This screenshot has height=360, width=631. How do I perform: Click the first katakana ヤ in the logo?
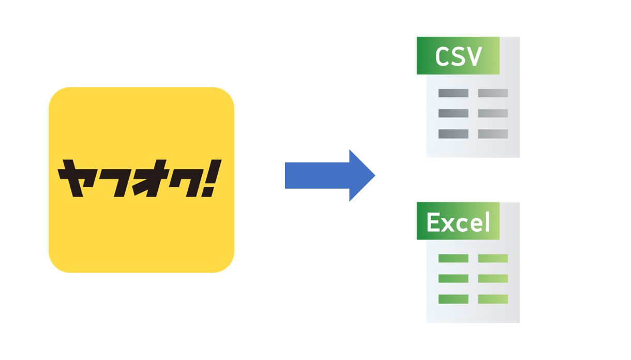pos(76,178)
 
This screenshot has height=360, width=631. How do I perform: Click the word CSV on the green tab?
pos(458,56)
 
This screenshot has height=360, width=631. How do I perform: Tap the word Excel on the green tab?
pos(458,222)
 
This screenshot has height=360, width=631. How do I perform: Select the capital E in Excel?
pos(433,222)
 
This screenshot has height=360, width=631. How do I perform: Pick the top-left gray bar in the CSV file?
pos(453,93)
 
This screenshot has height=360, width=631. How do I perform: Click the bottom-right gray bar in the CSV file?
pos(493,134)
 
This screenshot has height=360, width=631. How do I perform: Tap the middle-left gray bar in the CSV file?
pos(453,113)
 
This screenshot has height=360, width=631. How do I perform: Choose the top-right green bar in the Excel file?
pos(493,258)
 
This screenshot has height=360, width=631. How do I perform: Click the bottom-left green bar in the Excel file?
pos(453,299)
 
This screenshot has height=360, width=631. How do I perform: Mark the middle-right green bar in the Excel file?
pos(493,279)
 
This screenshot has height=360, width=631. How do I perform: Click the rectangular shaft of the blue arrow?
pos(317,175)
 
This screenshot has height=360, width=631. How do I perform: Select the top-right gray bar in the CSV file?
pos(493,93)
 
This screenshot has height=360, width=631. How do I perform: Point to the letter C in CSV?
pos(442,56)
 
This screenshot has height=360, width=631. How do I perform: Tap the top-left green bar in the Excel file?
pos(453,258)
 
